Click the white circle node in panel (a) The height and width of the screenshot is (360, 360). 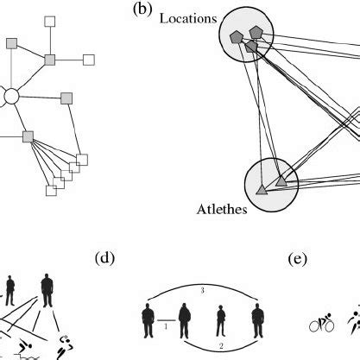tap(10, 97)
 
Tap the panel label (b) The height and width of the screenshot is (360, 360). tap(141, 10)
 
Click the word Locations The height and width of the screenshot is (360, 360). tap(187, 17)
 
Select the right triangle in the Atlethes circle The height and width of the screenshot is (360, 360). tap(281, 181)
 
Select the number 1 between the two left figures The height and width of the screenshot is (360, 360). tap(165, 327)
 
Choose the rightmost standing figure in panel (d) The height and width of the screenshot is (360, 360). tap(256, 320)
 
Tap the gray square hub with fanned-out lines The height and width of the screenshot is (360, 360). tap(28, 136)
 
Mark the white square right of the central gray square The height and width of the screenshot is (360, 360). tap(88, 60)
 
